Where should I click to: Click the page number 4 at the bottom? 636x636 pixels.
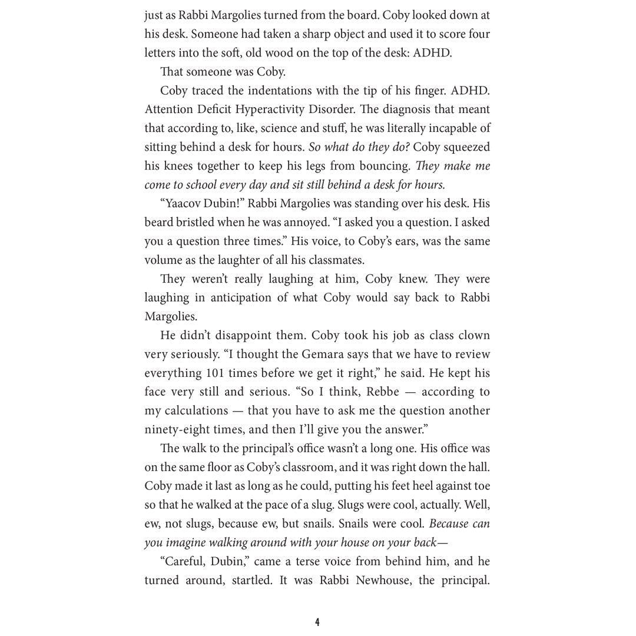tap(317, 622)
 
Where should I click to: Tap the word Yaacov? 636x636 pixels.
tap(184, 203)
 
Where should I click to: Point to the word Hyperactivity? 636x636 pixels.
tap(273, 109)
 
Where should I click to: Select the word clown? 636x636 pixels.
tap(471, 335)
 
